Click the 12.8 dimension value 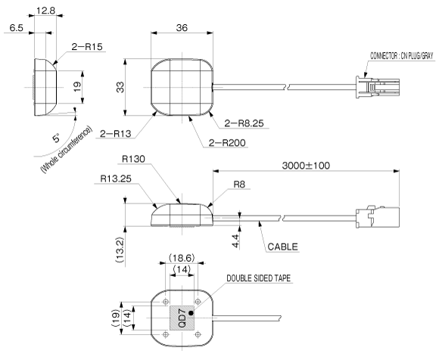[46, 11]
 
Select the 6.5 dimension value [16, 28]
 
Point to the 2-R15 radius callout [87, 46]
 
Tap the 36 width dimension [182, 28]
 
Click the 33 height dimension [120, 87]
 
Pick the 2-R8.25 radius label [244, 123]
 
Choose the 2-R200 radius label [227, 143]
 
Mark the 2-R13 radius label [116, 134]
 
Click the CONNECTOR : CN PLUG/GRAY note [402, 56]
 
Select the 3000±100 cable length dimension [306, 166]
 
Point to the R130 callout [133, 159]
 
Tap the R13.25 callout [116, 178]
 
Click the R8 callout [239, 185]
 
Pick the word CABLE [283, 247]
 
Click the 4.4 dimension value [235, 241]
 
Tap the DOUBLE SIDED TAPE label [258, 278]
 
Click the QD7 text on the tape [182, 318]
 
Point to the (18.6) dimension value [182, 258]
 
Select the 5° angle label [56, 138]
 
